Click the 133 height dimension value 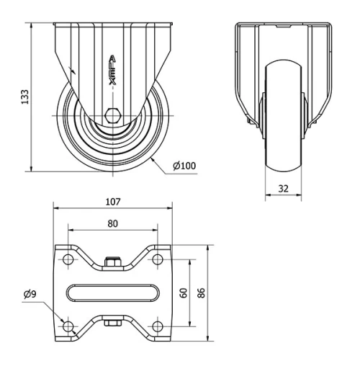point(25,97)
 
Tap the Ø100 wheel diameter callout point(184,166)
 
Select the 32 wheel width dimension point(283,189)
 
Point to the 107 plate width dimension point(113,202)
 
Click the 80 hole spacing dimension point(113,223)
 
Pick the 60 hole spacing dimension point(184,293)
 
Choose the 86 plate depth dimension point(201,293)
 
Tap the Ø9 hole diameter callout point(30,294)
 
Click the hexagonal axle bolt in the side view point(113,116)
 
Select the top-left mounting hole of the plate point(68,259)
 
